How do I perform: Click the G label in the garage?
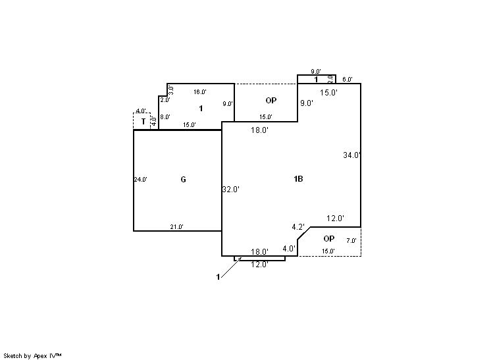(183, 180)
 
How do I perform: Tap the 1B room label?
(298, 179)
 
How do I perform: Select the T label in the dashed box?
(143, 122)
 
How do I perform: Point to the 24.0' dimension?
(141, 179)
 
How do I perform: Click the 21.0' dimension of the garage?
(176, 227)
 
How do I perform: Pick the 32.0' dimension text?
(230, 190)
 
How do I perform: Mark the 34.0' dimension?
(351, 155)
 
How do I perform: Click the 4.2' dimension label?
(298, 227)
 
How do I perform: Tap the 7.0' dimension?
(351, 241)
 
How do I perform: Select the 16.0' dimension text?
(199, 92)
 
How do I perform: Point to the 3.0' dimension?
(170, 90)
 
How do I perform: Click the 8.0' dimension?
(165, 117)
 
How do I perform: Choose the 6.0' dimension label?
(348, 80)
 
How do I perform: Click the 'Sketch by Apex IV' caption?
(32, 355)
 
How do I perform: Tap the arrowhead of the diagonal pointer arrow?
(240, 259)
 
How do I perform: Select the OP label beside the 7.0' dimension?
(328, 238)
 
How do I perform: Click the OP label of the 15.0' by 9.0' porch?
(271, 101)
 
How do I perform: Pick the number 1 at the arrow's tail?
(218, 277)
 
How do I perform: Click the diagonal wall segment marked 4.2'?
(304, 233)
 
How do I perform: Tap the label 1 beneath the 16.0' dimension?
(201, 107)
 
